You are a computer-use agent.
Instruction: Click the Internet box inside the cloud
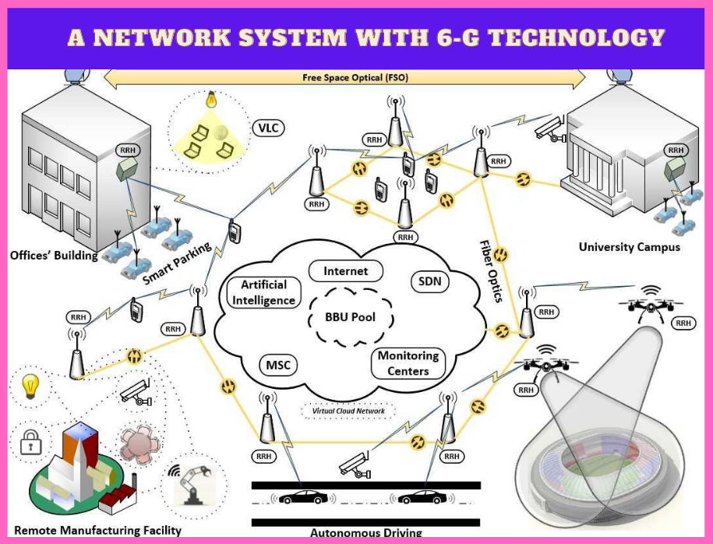coord(345,271)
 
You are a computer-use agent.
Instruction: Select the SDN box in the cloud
coord(429,281)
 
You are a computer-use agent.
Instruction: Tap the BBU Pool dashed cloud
coord(350,317)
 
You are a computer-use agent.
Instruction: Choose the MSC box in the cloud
coord(278,365)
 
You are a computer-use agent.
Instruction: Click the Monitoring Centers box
coord(408,362)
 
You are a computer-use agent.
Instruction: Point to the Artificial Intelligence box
coord(263,292)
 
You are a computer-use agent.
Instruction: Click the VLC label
coord(269,127)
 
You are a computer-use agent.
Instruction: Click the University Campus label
coord(629,247)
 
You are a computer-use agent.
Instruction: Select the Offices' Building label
coord(54,255)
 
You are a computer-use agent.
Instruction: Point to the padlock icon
coord(30,442)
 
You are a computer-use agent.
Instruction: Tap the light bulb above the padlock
coord(30,385)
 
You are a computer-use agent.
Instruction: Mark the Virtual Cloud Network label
coord(348,410)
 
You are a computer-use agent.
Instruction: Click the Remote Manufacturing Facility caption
coord(97,530)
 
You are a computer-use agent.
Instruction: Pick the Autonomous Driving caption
coord(365,534)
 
